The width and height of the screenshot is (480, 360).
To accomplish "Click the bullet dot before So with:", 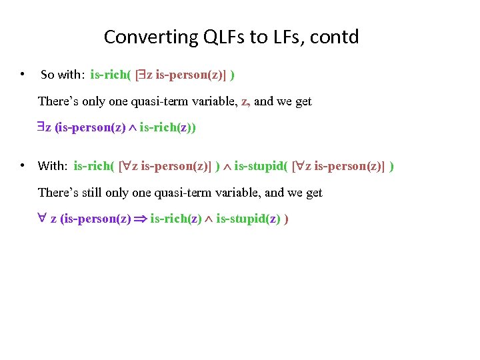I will (23, 74).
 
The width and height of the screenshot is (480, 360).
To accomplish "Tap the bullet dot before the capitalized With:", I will (23, 165).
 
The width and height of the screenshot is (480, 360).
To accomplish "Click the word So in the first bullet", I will (47, 75).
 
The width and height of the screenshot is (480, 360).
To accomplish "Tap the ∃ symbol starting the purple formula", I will (41, 127).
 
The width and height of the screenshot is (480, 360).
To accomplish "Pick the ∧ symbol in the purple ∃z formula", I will (133, 127).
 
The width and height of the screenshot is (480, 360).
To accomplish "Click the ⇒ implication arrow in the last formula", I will (140, 218).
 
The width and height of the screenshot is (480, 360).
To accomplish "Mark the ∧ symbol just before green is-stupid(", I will (227, 166).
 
